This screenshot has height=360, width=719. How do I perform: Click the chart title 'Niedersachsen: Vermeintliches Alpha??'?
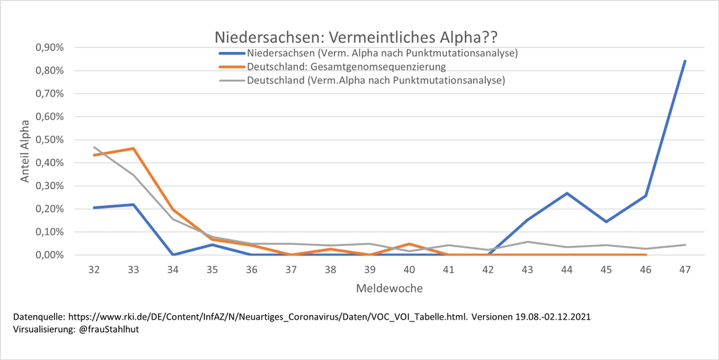(356, 37)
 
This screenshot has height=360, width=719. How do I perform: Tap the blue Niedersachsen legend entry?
(368, 53)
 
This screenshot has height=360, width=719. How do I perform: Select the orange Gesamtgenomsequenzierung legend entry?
(333, 66)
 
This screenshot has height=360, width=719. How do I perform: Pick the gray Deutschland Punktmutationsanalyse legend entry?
(362, 80)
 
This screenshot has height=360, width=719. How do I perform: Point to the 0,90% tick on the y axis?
(50, 47)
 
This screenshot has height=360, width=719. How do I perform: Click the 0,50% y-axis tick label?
(50, 140)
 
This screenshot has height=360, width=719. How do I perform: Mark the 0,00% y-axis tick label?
(50, 255)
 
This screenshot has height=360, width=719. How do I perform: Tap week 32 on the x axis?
(94, 270)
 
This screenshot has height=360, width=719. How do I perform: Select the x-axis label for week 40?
(409, 270)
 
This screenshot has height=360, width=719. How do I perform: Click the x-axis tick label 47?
(685, 270)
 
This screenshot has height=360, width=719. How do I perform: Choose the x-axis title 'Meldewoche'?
(389, 289)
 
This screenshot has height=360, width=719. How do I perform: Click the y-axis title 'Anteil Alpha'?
(25, 151)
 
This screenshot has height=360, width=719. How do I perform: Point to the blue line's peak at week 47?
(685, 61)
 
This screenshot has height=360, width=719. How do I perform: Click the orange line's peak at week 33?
(134, 149)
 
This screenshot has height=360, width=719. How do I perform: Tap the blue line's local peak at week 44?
(567, 193)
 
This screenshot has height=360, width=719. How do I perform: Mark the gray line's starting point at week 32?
(94, 147)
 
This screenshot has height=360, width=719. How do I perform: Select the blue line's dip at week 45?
(606, 222)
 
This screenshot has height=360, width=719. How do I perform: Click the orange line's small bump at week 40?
(409, 244)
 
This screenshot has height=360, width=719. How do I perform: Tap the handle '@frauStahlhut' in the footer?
(109, 329)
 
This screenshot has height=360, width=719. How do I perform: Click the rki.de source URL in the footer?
(268, 317)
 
